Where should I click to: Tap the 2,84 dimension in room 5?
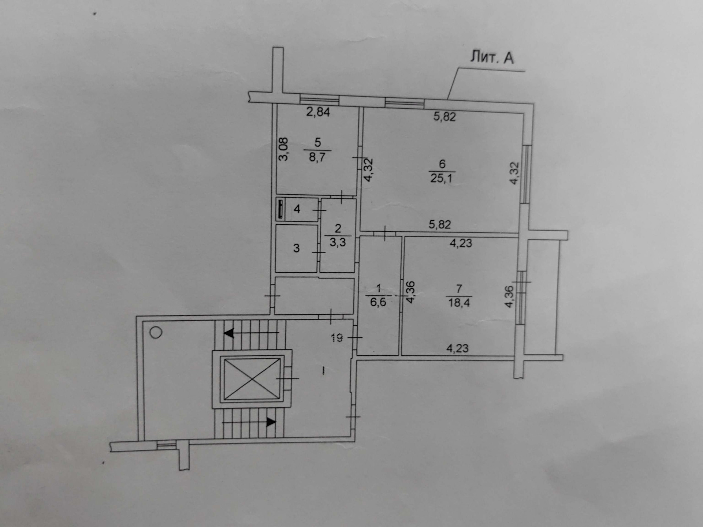point(318,112)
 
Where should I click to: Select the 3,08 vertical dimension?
point(284,149)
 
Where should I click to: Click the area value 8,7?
point(317,158)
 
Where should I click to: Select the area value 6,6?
point(378,302)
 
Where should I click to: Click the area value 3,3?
point(338,242)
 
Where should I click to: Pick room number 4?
point(297,209)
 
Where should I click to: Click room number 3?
point(297,248)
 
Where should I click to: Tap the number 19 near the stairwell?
point(337,338)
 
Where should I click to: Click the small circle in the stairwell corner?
point(156,332)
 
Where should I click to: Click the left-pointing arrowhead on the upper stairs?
point(229,333)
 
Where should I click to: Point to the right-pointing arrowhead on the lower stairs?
point(271,422)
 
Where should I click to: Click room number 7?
point(459,289)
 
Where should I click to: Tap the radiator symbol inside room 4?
point(281,209)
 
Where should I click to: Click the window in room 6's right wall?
point(526,174)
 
